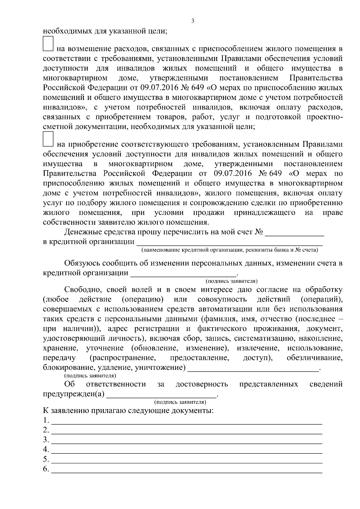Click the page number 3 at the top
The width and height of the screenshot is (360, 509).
pyautogui.click(x=193, y=21)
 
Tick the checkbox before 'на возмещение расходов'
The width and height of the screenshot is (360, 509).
pyautogui.click(x=48, y=43)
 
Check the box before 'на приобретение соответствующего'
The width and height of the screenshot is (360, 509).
pyautogui.click(x=48, y=139)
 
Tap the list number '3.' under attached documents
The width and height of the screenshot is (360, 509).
pyautogui.click(x=46, y=440)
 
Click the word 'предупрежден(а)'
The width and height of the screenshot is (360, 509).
pyautogui.click(x=74, y=394)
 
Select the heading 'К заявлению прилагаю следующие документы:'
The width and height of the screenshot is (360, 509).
pyautogui.click(x=128, y=410)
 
